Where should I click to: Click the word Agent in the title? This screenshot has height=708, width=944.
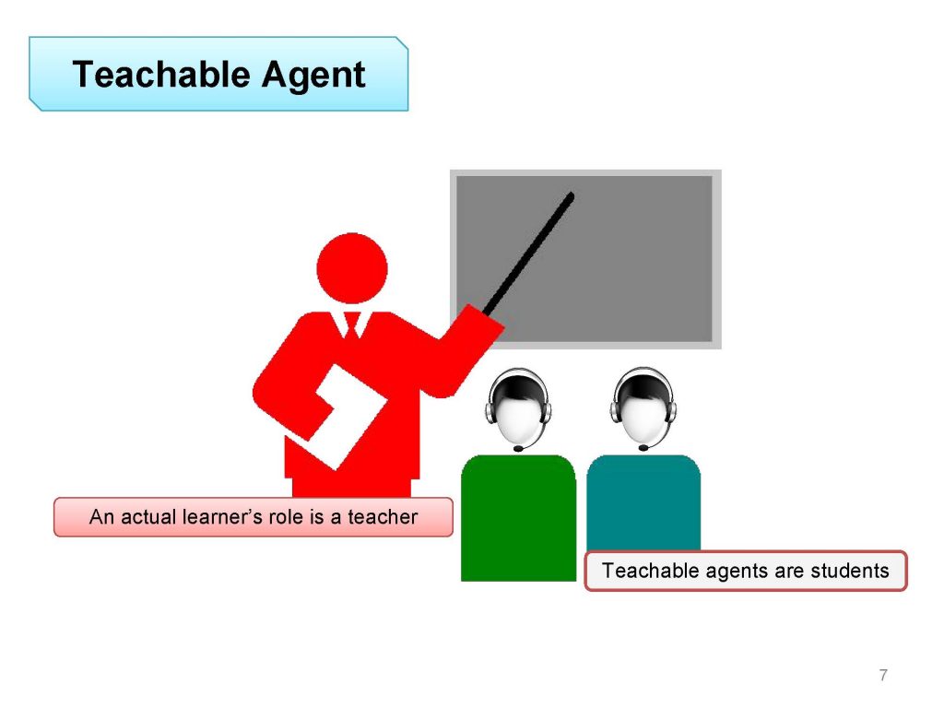(313, 77)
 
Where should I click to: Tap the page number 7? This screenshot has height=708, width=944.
(883, 675)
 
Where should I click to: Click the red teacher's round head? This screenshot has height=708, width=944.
(352, 268)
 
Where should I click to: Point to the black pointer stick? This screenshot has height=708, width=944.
(529, 254)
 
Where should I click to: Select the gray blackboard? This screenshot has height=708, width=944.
(585, 259)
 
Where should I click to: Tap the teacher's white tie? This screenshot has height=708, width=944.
(352, 324)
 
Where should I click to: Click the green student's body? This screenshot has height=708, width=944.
(518, 518)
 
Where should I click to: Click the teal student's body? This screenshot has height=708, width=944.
(643, 502)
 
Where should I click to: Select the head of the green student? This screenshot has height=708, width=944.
(518, 407)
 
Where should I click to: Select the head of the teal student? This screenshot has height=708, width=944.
(643, 407)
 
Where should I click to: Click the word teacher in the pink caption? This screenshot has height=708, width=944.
(383, 517)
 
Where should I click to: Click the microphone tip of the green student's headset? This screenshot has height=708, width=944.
(518, 449)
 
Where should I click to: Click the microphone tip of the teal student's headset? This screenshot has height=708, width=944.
(643, 448)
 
